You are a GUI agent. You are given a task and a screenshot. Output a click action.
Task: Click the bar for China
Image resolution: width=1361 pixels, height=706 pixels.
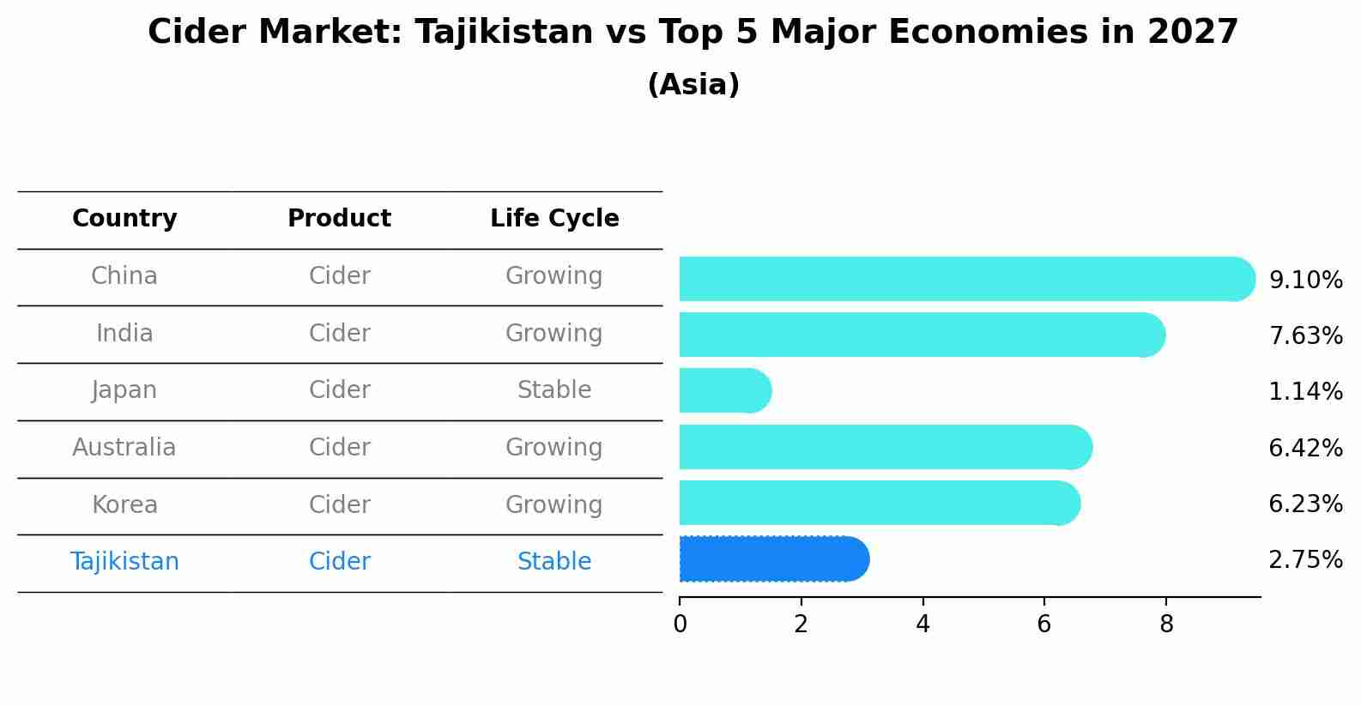(x=965, y=279)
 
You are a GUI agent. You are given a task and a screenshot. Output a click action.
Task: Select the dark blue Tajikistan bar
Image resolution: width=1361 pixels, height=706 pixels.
(x=772, y=559)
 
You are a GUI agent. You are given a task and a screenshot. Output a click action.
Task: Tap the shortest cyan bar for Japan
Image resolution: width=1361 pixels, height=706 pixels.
(x=723, y=390)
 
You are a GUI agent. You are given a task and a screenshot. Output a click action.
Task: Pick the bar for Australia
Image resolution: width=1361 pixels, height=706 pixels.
(x=884, y=447)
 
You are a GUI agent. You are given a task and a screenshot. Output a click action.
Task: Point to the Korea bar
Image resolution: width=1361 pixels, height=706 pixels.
(x=878, y=503)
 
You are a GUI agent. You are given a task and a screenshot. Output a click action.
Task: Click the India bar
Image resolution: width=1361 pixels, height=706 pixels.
(x=921, y=335)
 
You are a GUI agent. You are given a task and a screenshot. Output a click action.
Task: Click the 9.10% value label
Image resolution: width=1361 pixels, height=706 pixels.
(x=1305, y=281)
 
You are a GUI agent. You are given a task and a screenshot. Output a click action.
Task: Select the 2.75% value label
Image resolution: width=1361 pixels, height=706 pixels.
(x=1305, y=560)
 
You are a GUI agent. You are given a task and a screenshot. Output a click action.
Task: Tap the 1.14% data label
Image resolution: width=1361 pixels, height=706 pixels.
(x=1305, y=392)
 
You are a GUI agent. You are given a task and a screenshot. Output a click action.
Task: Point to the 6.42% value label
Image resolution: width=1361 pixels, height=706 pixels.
(x=1305, y=448)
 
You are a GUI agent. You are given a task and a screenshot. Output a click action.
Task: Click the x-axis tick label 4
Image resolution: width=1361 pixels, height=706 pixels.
(x=922, y=625)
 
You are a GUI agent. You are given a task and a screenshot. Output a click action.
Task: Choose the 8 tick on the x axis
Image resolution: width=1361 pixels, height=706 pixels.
(x=1165, y=625)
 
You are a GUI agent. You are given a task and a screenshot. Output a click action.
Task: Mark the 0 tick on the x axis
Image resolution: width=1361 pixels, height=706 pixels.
(x=680, y=625)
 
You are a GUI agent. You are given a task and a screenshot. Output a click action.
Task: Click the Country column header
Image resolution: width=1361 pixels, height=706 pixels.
(x=124, y=219)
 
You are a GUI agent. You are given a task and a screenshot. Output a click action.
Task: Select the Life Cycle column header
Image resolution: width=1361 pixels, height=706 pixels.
(x=554, y=219)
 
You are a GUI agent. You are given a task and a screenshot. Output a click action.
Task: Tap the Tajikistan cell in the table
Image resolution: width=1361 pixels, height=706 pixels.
(x=124, y=562)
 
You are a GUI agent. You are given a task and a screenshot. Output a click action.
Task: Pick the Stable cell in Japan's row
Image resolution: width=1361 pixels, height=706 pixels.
(x=554, y=390)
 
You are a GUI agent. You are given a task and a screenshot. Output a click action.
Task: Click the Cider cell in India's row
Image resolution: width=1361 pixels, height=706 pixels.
(x=340, y=334)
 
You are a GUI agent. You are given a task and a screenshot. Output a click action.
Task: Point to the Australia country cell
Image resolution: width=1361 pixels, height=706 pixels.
(x=124, y=448)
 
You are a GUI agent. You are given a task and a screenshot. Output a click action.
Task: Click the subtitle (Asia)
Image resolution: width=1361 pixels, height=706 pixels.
(x=693, y=85)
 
